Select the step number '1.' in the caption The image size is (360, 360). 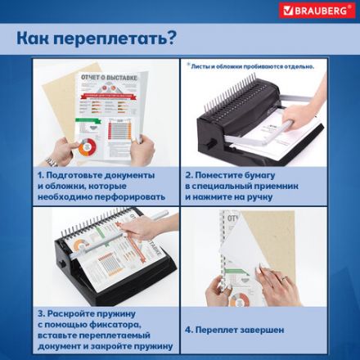coord(40,175)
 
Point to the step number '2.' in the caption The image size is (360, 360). coord(189,175)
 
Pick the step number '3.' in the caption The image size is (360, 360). coord(40,313)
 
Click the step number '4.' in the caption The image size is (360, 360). coord(189,329)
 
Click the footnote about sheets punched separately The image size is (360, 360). coord(250,65)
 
